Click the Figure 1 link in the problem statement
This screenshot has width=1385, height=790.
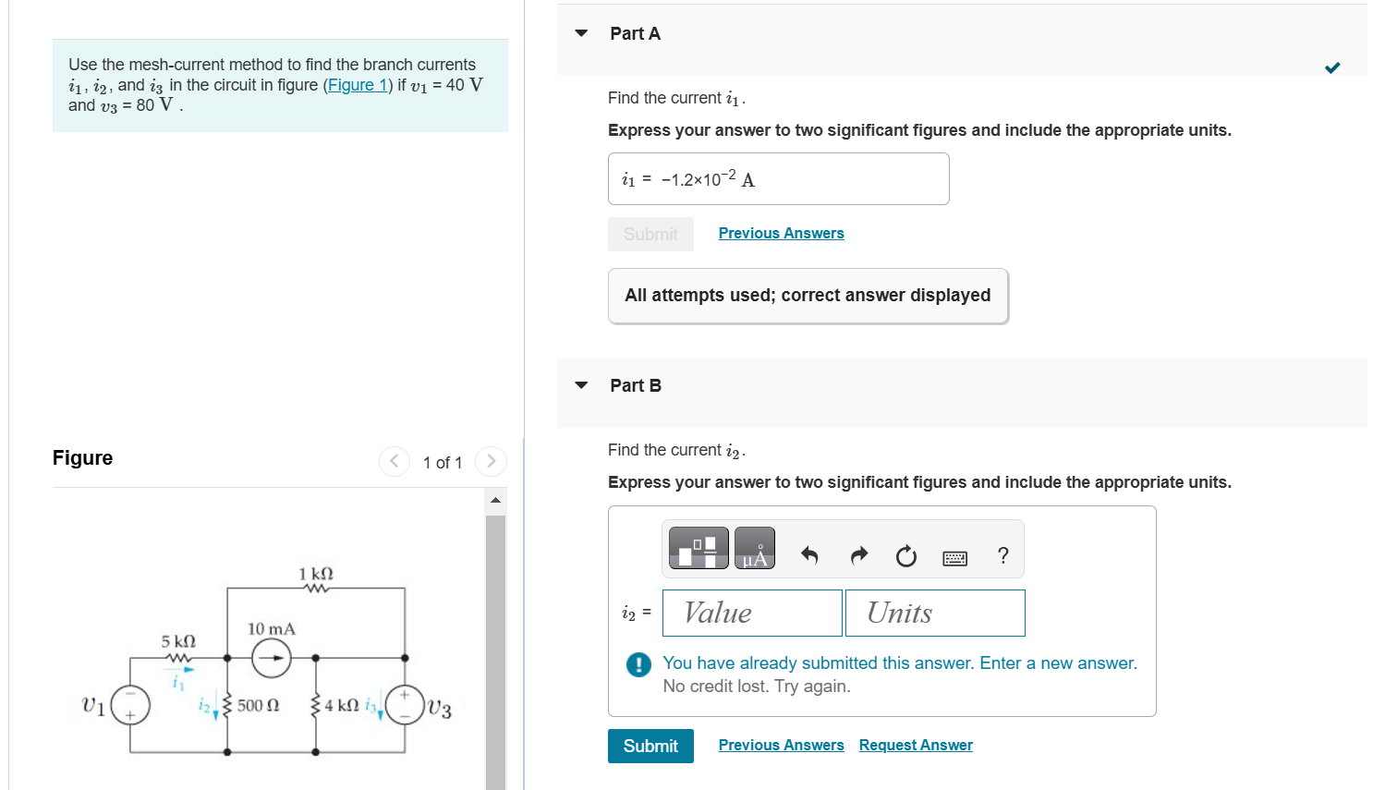(x=358, y=85)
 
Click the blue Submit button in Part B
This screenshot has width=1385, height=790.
(x=650, y=746)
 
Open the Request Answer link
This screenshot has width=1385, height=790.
(x=915, y=745)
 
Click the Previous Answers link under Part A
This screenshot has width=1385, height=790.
(x=781, y=233)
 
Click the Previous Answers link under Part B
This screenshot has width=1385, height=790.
(x=781, y=745)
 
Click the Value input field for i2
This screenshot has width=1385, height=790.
(x=752, y=613)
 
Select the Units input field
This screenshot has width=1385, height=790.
(x=934, y=613)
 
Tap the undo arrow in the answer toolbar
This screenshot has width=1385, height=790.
(x=809, y=555)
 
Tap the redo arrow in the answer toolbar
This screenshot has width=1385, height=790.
(x=858, y=555)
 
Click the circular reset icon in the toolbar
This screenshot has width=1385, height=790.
(x=906, y=555)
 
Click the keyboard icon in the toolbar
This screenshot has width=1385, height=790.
(x=954, y=557)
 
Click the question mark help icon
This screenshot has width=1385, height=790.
(x=1002, y=555)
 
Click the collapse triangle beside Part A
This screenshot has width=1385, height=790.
(x=581, y=33)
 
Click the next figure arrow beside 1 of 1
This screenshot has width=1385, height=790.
(x=491, y=461)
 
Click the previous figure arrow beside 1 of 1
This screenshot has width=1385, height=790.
(x=395, y=461)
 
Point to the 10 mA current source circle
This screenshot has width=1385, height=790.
(x=271, y=658)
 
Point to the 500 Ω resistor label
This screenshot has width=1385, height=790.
(x=258, y=706)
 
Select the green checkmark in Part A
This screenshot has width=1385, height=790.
(x=1331, y=67)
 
